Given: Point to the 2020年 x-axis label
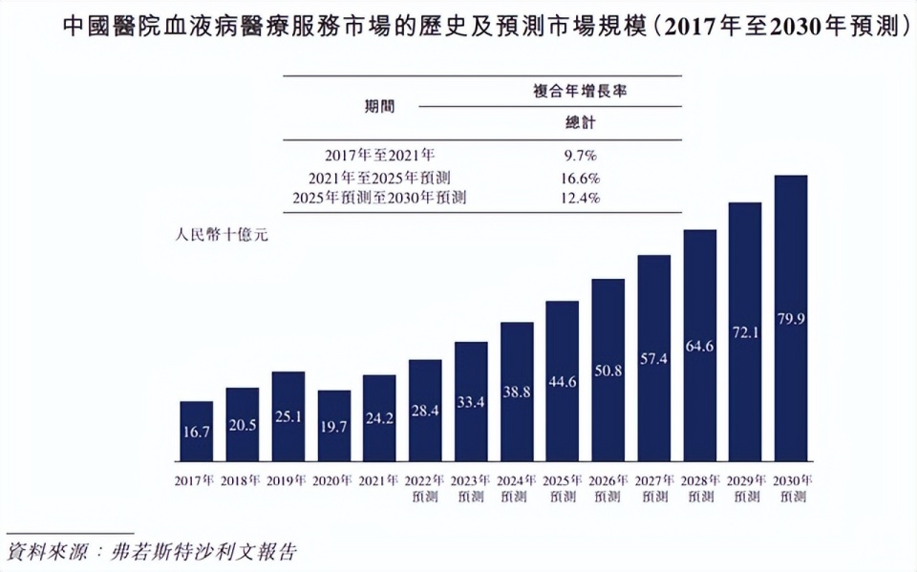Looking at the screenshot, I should click(333, 480).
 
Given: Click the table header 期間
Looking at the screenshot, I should click(379, 106).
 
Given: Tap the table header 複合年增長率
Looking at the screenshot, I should click(586, 92).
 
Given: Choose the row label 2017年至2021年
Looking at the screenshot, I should click(379, 155).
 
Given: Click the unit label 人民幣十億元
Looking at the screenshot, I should click(222, 235).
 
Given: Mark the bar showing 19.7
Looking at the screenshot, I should click(333, 425).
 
